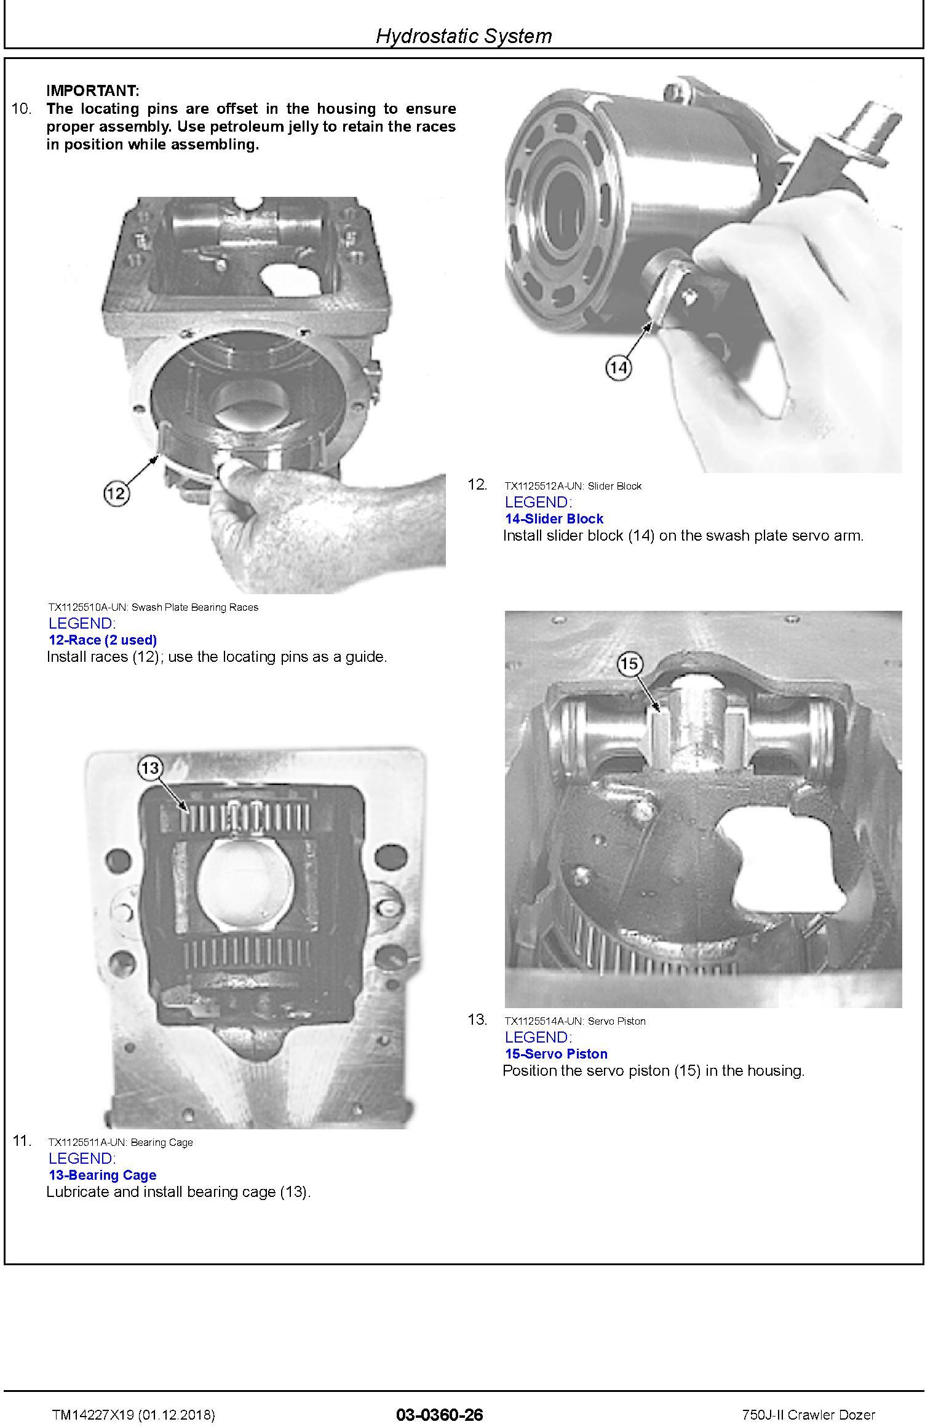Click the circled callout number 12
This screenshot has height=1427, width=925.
click(116, 493)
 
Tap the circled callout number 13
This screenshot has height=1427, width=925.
click(150, 768)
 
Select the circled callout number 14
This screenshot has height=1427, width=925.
click(619, 368)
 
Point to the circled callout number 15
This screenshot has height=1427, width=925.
click(629, 664)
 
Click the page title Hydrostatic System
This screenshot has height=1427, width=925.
click(464, 36)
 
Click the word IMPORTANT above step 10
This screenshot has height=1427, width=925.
click(93, 90)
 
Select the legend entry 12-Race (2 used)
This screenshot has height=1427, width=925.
click(103, 640)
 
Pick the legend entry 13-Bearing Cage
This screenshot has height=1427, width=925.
click(103, 1175)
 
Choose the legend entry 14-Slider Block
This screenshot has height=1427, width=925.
click(554, 519)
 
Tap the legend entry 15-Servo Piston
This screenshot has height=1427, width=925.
click(557, 1054)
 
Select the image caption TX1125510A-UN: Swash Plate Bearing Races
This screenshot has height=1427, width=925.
click(153, 607)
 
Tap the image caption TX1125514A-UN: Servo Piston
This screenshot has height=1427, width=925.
click(575, 1021)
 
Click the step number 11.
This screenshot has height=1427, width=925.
click(22, 1141)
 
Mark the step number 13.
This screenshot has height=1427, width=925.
click(477, 1020)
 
